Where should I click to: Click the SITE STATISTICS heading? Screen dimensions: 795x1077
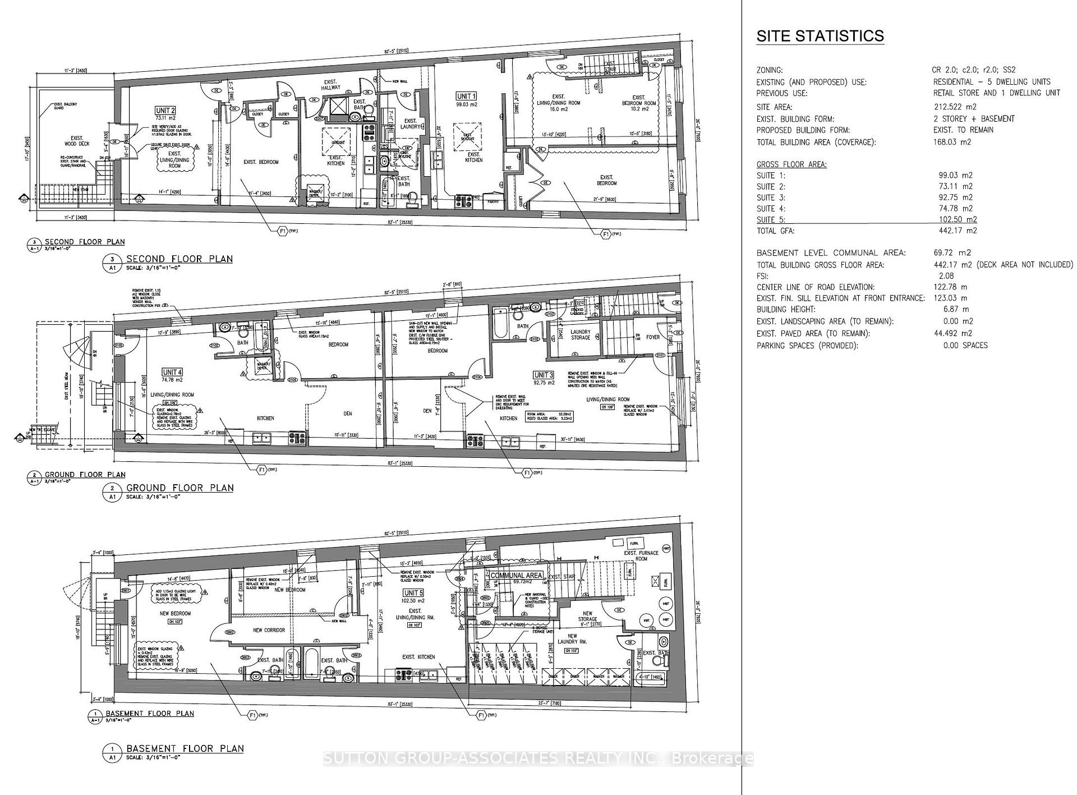click(x=820, y=36)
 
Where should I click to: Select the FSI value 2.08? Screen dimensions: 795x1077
click(x=946, y=275)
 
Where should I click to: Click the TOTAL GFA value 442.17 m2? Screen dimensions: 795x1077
click(x=958, y=231)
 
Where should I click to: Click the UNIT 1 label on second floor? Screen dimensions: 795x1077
click(x=466, y=96)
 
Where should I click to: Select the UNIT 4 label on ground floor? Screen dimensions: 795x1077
click(x=172, y=373)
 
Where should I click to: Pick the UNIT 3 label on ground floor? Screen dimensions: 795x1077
click(x=544, y=375)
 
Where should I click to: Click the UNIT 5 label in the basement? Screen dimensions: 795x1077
click(x=413, y=593)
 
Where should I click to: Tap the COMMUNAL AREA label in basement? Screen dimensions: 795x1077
click(x=516, y=576)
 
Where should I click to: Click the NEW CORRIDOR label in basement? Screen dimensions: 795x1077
click(x=269, y=630)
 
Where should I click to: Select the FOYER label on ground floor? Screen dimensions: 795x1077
click(x=653, y=337)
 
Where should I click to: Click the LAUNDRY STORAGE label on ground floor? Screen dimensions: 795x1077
click(x=581, y=334)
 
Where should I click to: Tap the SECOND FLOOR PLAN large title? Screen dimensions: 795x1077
click(x=179, y=259)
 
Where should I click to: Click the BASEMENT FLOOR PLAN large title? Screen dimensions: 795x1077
click(x=185, y=748)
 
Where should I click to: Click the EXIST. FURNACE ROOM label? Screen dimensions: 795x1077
click(x=641, y=555)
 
